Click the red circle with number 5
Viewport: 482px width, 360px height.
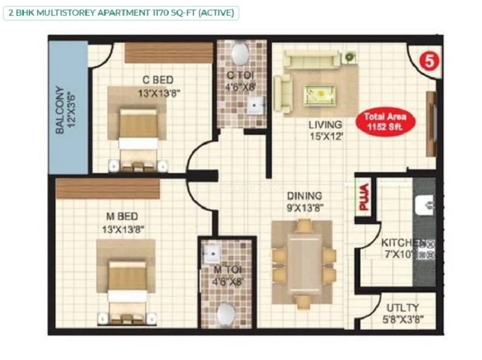pos(430,61)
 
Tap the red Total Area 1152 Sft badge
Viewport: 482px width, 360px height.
pos(386,122)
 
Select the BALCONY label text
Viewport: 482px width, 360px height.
pos(60,110)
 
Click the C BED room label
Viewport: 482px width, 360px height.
pos(158,80)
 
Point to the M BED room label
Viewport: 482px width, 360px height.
pos(122,216)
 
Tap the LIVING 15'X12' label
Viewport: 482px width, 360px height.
pos(325,130)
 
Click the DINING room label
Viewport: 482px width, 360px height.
pos(305,196)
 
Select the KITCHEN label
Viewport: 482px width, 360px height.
pos(403,243)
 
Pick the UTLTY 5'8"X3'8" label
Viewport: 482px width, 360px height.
pos(403,313)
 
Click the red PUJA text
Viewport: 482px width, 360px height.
pos(364,197)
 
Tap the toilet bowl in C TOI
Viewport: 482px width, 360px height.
pos(240,54)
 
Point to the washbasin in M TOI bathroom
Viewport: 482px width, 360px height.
pos(211,253)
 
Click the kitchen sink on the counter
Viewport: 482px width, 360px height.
pos(425,205)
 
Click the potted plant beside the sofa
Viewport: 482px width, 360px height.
pos(349,57)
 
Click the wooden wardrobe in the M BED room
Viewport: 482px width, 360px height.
pos(108,188)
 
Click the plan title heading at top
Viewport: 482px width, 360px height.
pos(121,13)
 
